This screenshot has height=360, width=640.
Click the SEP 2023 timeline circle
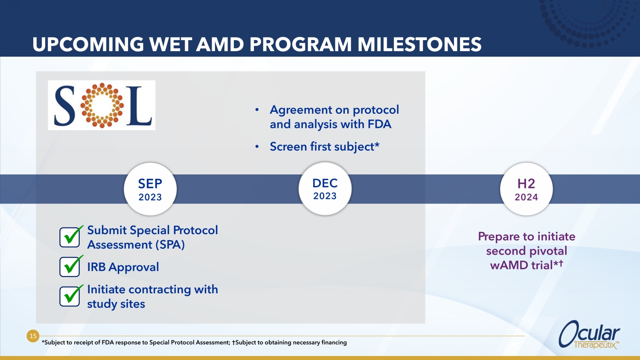click(x=150, y=189)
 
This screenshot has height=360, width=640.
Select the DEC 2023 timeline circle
click(x=325, y=189)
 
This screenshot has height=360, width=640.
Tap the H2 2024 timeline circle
click(x=526, y=189)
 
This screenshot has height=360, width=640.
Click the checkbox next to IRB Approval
click(x=70, y=267)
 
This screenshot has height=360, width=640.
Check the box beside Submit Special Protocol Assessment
click(x=70, y=237)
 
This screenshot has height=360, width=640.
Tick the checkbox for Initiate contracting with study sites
click(x=70, y=296)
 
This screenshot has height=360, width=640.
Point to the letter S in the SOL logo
click(x=64, y=106)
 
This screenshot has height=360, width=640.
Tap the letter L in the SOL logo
click(x=139, y=106)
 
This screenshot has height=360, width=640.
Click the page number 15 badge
click(x=33, y=336)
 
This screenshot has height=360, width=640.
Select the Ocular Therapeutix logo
click(x=589, y=334)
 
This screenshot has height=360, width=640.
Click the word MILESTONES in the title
click(x=419, y=44)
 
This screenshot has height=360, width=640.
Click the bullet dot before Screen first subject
click(x=257, y=147)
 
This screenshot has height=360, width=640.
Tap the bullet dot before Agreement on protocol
click(x=257, y=110)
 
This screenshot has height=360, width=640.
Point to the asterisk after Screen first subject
click(x=377, y=144)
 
